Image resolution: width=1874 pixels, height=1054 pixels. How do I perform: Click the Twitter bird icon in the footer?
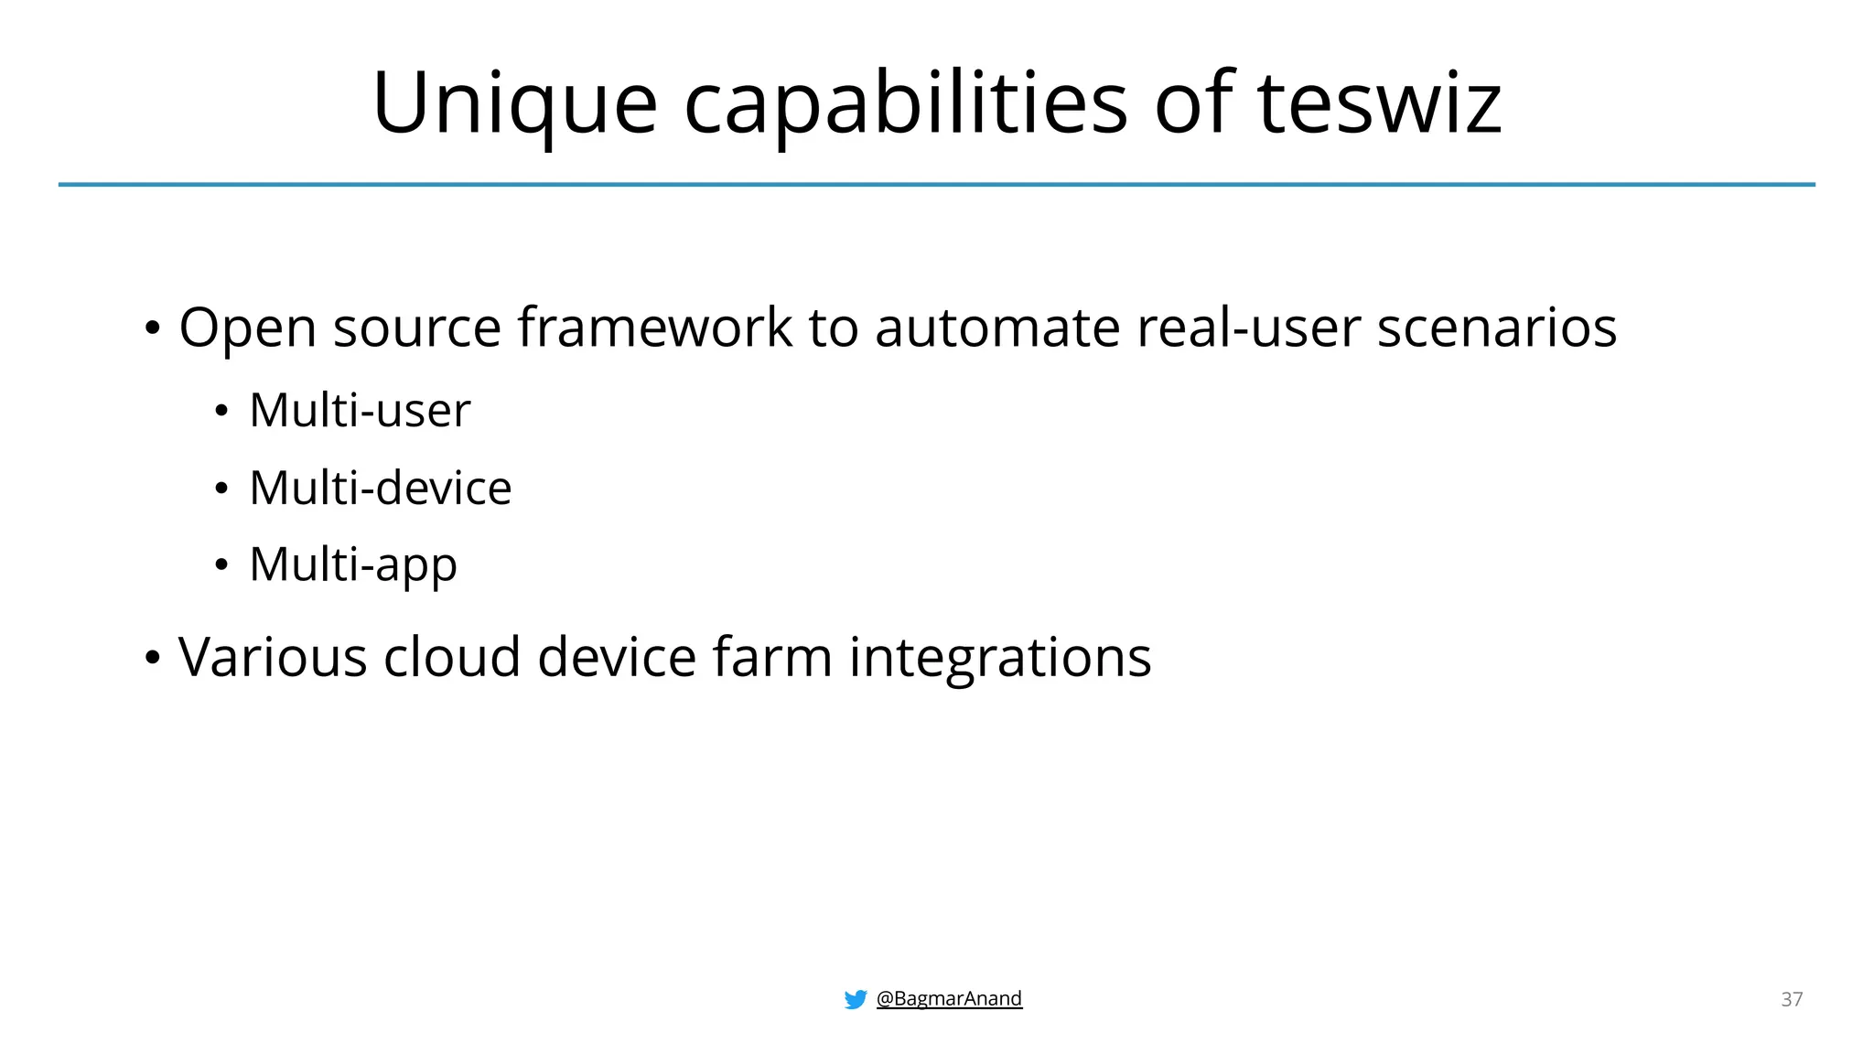click(x=856, y=999)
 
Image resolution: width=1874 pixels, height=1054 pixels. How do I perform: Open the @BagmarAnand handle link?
click(x=949, y=998)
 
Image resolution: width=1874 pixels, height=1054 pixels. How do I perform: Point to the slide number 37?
click(x=1792, y=999)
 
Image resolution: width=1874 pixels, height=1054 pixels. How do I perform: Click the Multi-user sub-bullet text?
click(x=360, y=410)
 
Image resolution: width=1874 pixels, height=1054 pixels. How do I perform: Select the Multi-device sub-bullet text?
click(x=380, y=488)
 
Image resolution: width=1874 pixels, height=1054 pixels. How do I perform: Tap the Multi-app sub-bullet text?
click(x=352, y=565)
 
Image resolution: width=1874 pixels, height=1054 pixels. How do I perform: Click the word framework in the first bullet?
click(x=655, y=328)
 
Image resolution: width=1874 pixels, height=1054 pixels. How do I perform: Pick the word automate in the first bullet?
click(x=997, y=328)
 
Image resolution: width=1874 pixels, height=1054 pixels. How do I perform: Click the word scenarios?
click(x=1497, y=328)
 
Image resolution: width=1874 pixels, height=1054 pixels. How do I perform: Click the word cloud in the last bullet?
click(x=452, y=657)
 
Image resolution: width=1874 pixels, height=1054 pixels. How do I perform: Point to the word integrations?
click(x=1000, y=657)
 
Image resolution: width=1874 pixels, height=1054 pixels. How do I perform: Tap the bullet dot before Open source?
click(x=153, y=328)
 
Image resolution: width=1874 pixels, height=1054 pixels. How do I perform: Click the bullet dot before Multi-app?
click(x=221, y=565)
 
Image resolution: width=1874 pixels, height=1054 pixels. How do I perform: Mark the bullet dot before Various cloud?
click(x=153, y=658)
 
